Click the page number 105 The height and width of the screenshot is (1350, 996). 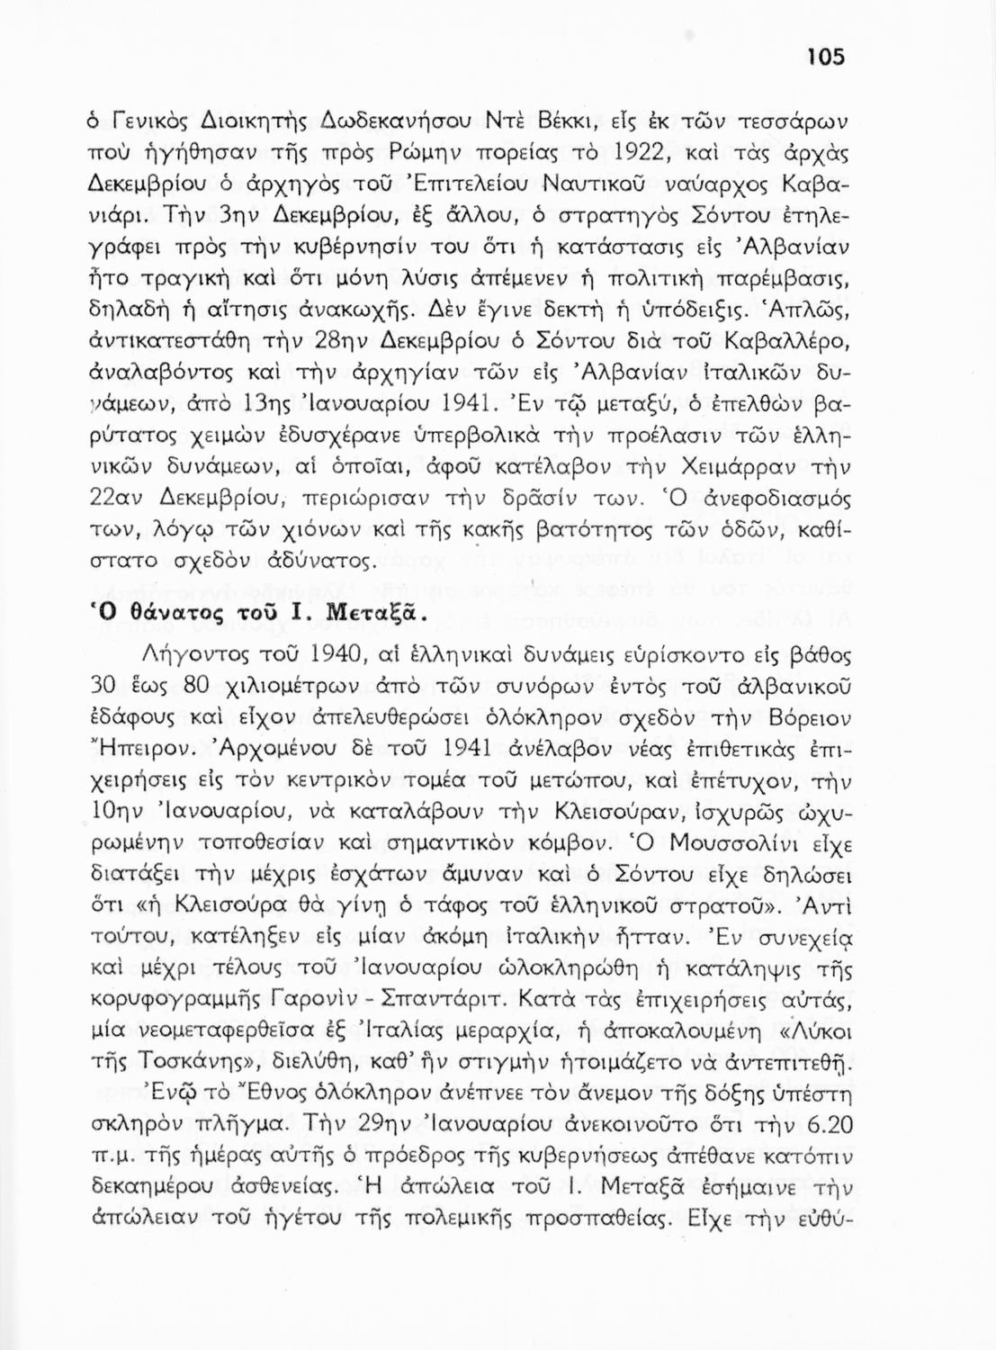tap(825, 57)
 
